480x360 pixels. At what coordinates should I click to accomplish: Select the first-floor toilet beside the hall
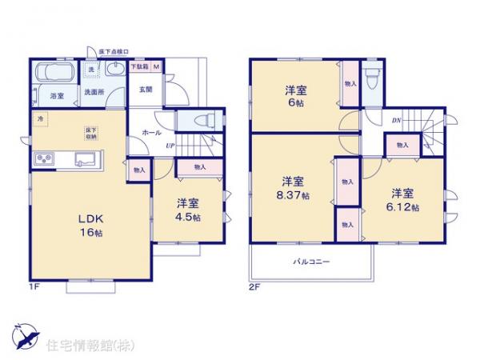tap(199, 120)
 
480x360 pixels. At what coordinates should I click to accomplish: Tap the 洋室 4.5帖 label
tap(189, 210)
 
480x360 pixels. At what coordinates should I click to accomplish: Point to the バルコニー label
tap(310, 261)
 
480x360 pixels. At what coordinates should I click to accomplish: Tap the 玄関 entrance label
tap(146, 90)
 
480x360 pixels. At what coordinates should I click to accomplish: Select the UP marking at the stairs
tap(170, 145)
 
